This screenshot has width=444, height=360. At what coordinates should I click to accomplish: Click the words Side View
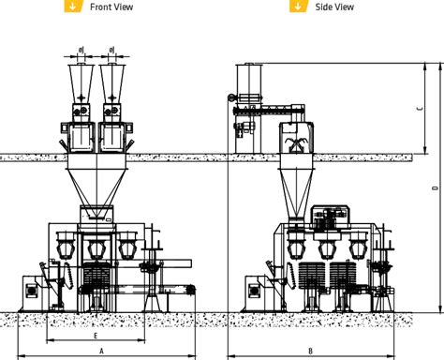tap(334, 7)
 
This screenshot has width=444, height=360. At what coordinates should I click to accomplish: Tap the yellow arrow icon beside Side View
tap(298, 6)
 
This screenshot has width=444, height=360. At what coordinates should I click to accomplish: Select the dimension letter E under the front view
tap(96, 333)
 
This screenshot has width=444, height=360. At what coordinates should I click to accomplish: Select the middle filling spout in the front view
tap(96, 249)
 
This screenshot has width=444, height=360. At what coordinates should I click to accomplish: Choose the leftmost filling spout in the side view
tap(300, 249)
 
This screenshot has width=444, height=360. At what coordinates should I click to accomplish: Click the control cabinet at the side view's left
tap(252, 290)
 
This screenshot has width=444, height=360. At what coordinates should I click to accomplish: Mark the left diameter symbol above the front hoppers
tap(81, 49)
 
